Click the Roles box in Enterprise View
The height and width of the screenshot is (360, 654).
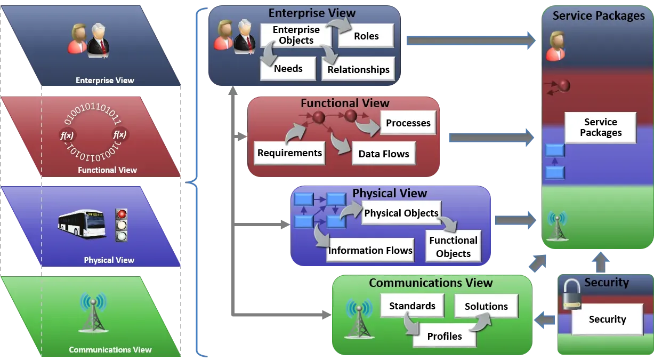[366, 36]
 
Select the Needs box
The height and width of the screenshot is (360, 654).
[288, 69]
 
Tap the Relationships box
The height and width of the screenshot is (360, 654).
[358, 70]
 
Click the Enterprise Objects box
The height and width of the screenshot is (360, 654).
[296, 35]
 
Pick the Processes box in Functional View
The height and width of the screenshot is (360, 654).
[408, 123]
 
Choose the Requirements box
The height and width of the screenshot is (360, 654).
[289, 153]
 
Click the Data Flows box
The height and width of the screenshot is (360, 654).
[383, 154]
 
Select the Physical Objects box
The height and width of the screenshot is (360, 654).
[401, 213]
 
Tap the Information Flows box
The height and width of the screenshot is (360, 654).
[370, 250]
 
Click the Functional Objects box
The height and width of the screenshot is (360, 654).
[453, 247]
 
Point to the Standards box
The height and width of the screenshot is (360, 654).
[412, 306]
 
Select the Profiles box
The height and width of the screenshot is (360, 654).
[444, 336]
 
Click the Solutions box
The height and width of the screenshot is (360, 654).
[486, 307]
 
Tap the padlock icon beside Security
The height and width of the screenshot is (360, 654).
[571, 295]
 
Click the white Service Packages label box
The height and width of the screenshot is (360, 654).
[600, 127]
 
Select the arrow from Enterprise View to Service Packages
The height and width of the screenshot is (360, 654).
[471, 41]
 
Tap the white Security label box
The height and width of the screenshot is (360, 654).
[607, 319]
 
